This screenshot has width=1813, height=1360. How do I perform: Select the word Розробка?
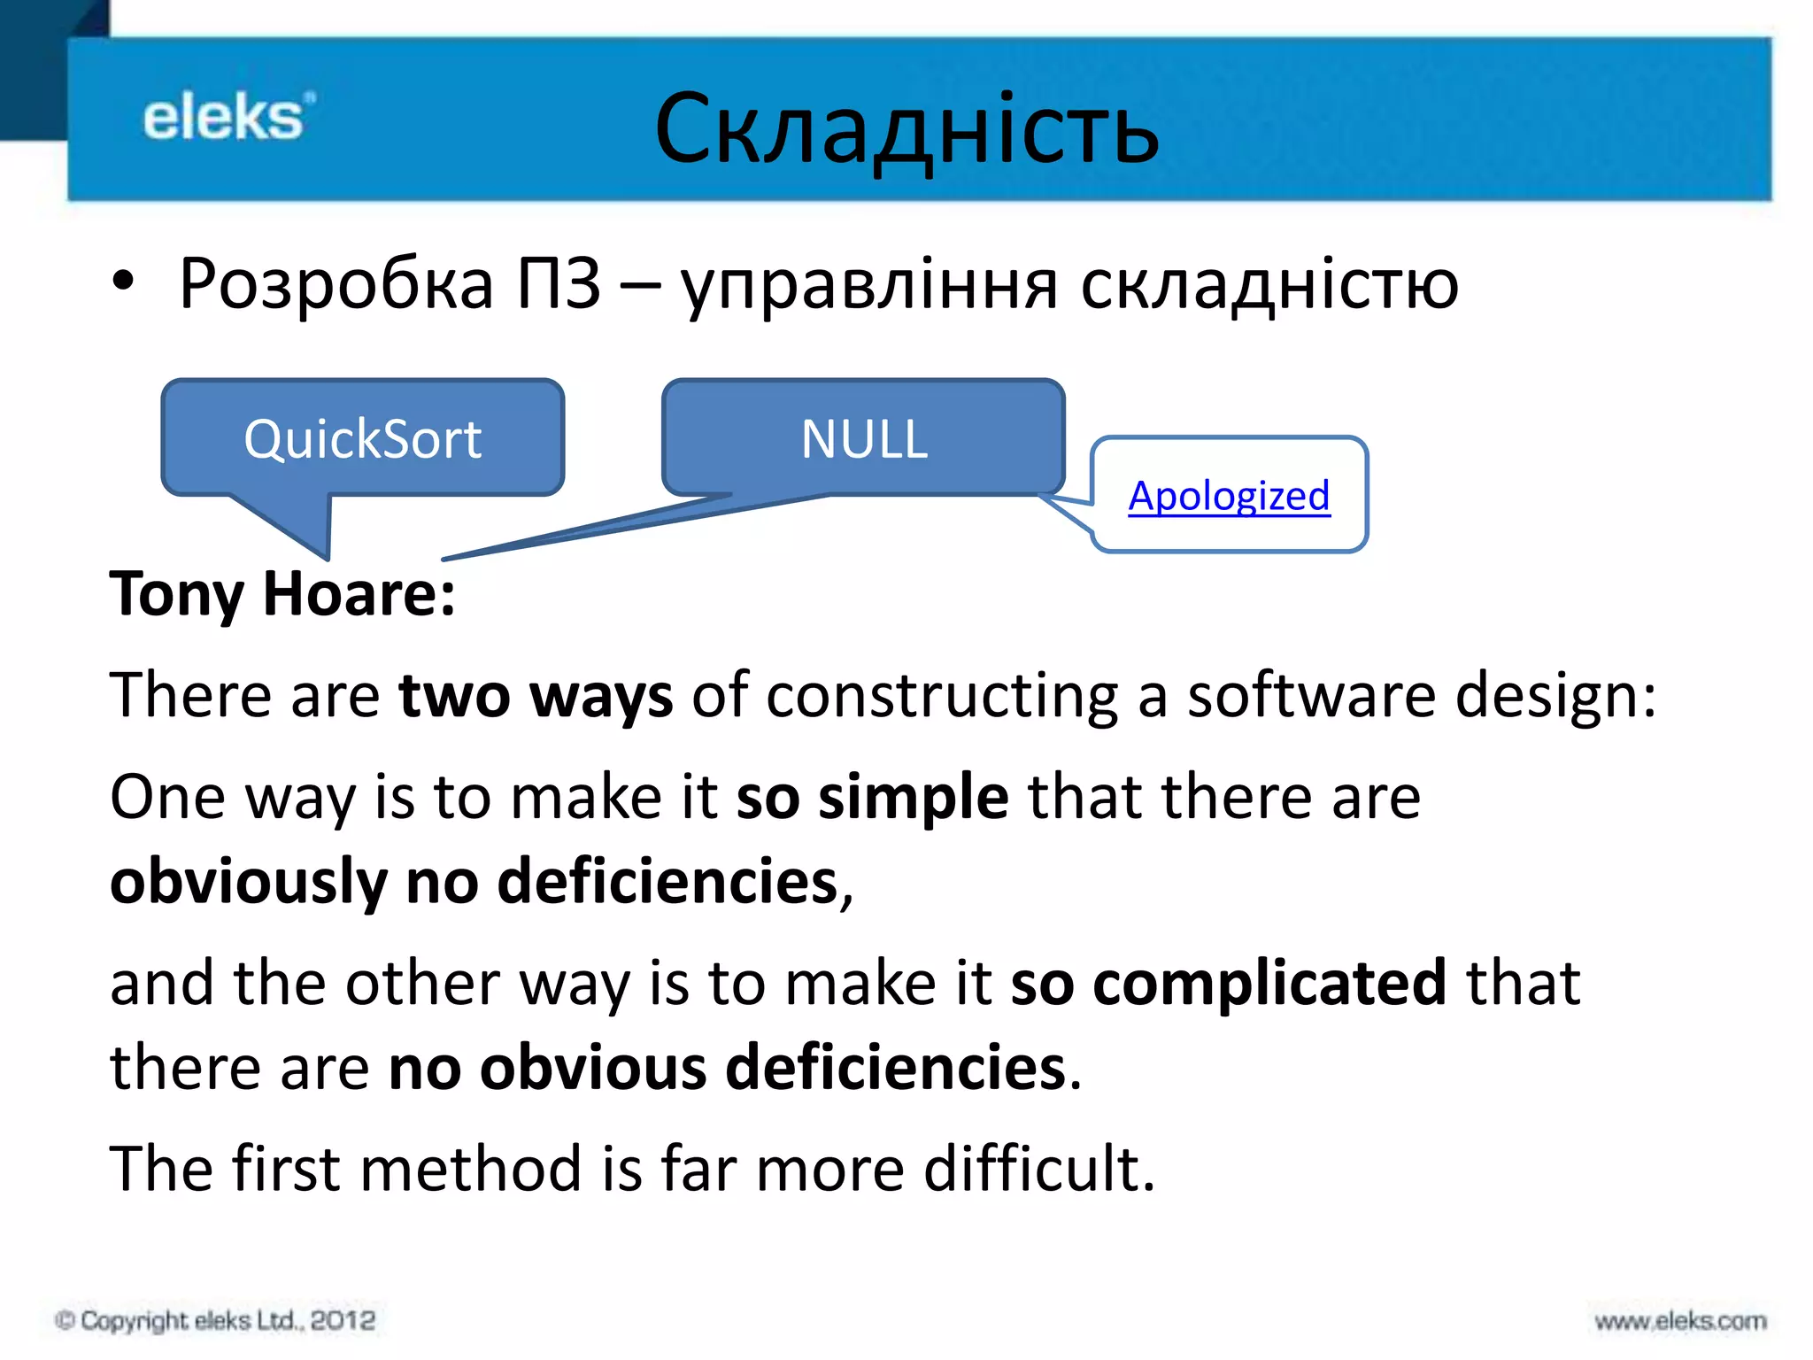click(x=336, y=283)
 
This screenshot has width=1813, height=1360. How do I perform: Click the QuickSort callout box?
click(x=362, y=437)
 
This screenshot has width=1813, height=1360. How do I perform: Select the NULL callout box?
click(x=863, y=437)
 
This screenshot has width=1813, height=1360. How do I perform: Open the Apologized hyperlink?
click(x=1229, y=495)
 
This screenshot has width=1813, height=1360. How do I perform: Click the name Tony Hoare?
click(x=282, y=593)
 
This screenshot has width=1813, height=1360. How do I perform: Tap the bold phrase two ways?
click(x=536, y=695)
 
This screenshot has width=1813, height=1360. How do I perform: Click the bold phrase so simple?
click(x=872, y=796)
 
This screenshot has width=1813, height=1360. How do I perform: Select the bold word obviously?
click(x=249, y=882)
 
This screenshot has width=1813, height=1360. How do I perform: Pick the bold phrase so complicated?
click(x=1228, y=983)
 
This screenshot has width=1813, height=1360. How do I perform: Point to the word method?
click(x=470, y=1169)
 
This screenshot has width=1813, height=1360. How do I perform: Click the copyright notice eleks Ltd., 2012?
click(x=216, y=1320)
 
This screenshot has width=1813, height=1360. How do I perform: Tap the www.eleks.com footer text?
click(x=1679, y=1321)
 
